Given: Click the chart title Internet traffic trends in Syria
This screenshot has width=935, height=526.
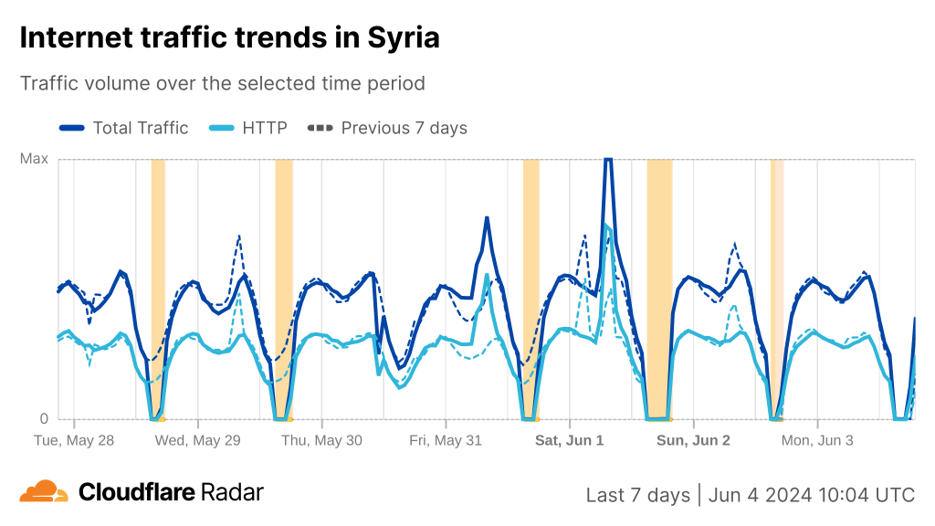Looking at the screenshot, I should click(x=229, y=37).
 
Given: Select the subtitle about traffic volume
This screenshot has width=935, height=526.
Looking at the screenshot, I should click(x=223, y=83).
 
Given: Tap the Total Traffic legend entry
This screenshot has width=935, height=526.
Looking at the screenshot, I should click(x=140, y=128).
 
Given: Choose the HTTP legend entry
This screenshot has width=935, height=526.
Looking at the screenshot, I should click(x=264, y=128).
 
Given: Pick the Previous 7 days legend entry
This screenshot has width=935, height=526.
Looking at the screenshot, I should click(x=404, y=128).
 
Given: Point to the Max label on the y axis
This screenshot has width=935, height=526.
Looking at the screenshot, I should click(x=34, y=159).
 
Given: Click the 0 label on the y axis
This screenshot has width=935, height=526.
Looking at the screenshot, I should click(x=43, y=419).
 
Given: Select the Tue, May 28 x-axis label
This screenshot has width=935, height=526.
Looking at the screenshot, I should click(x=74, y=440).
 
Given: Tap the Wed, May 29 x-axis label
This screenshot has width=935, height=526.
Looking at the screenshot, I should click(x=197, y=440).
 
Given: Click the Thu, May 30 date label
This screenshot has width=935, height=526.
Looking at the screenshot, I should click(x=321, y=440).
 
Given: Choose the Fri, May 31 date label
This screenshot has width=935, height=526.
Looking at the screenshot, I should click(x=446, y=440).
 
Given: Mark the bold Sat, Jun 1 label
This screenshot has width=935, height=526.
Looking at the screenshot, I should click(x=569, y=440).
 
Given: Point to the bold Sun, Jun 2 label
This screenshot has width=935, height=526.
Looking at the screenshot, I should click(x=693, y=440).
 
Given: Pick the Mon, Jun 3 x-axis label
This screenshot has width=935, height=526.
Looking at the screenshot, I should click(x=817, y=440).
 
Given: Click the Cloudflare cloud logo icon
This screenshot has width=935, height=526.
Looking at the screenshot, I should click(x=44, y=491).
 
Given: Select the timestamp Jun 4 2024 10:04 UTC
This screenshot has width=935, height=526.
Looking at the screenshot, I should click(x=812, y=495).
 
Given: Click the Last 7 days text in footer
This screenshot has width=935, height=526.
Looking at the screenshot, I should click(x=637, y=495).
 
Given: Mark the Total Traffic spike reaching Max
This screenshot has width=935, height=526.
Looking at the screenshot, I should click(x=607, y=163).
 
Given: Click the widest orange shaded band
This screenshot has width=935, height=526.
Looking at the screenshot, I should click(x=659, y=289).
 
